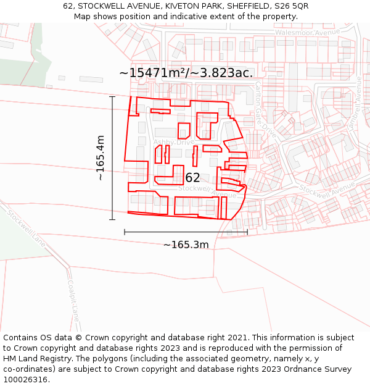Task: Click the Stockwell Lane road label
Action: [27, 227]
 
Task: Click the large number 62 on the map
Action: [193, 178]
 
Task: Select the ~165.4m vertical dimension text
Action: [101, 158]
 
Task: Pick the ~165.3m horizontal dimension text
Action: [186, 245]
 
